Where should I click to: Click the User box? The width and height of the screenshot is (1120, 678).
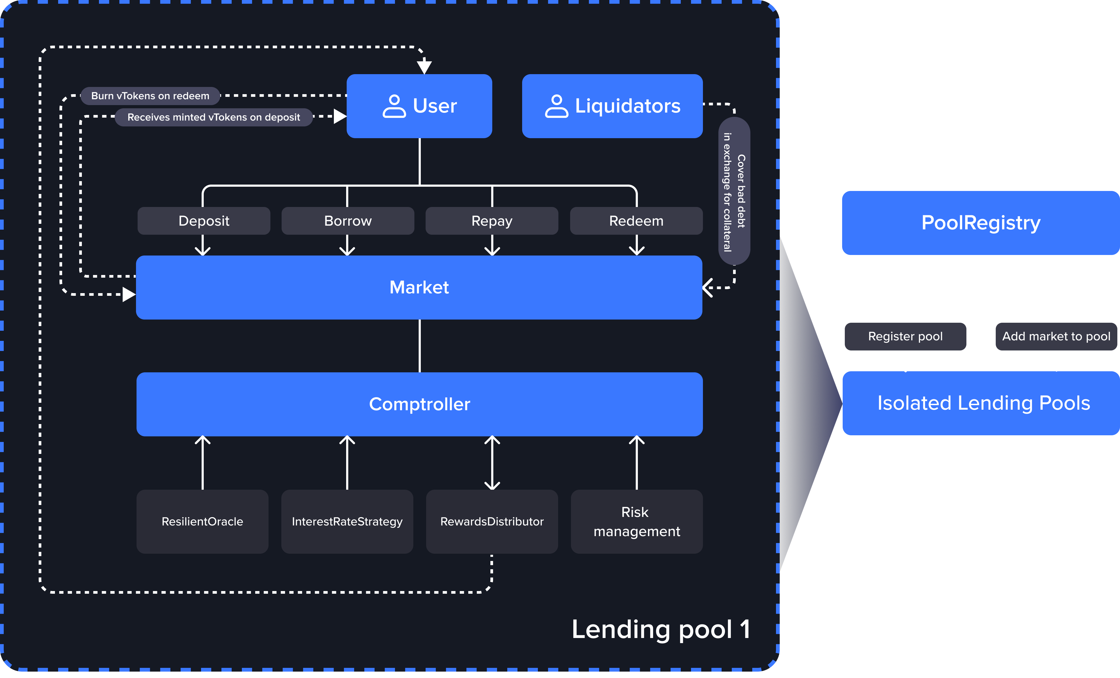[x=419, y=106]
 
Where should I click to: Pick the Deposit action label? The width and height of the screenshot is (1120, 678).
[x=204, y=221]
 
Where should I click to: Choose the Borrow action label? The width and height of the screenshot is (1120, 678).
[x=348, y=221]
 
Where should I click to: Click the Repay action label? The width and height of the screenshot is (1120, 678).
[x=492, y=221]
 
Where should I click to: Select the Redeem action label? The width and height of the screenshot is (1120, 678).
[x=636, y=221]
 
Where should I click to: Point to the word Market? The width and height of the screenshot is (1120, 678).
[x=419, y=287]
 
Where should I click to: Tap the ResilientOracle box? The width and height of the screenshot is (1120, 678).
[x=202, y=522]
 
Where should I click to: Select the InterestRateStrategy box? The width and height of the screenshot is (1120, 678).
[x=347, y=522]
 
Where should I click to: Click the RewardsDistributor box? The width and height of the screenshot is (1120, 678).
[x=492, y=522]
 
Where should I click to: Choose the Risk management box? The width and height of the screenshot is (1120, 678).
[x=636, y=522]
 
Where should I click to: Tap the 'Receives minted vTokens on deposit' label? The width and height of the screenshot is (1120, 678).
[x=214, y=117]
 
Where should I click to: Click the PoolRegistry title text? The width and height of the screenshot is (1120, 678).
[x=981, y=223]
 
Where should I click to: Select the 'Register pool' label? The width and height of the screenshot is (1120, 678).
[x=905, y=337]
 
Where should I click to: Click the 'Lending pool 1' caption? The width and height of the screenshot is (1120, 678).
[x=661, y=629]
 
